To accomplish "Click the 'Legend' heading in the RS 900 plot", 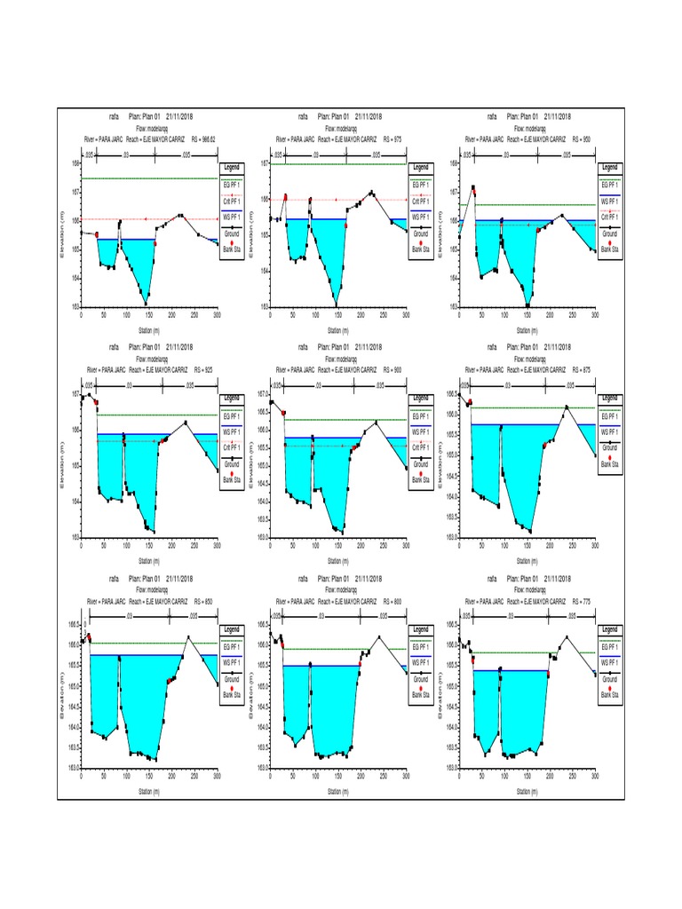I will [x=420, y=398].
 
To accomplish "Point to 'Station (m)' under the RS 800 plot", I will [x=338, y=791].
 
